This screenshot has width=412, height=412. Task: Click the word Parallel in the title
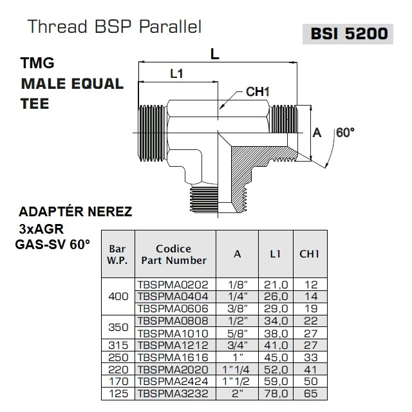170,26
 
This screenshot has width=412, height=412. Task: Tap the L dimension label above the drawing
215,55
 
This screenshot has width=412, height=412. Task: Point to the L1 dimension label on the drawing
177,74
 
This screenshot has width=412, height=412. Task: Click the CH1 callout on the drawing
257,92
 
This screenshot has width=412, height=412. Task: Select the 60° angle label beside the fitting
346,133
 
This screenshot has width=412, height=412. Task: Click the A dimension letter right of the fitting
317,133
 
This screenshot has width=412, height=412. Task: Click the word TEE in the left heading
35,104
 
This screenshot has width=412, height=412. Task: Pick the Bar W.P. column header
118,255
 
